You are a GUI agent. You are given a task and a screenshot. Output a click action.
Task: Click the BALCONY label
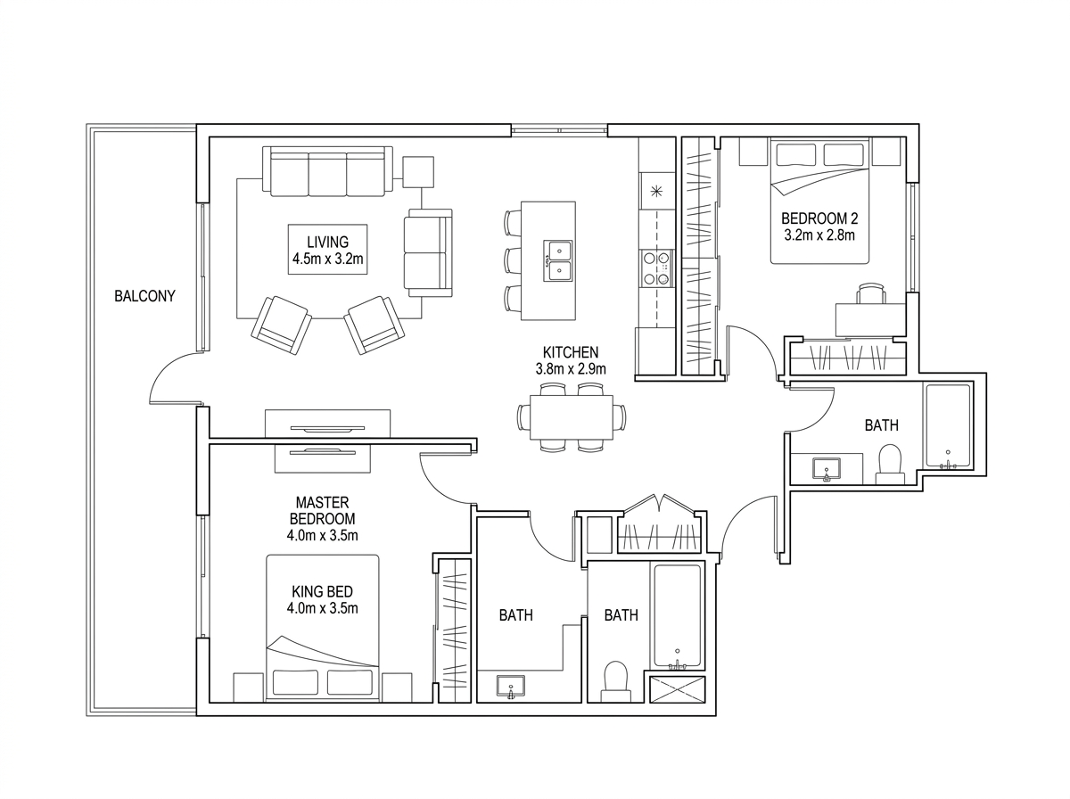click(x=144, y=296)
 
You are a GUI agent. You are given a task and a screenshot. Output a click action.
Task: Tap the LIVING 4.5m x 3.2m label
click(x=327, y=250)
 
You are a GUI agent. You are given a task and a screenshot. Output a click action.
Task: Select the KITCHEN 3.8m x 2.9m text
click(x=571, y=360)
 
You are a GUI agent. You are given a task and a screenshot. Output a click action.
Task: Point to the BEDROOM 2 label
click(x=819, y=218)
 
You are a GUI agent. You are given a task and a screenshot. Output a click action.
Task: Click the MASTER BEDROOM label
click(x=322, y=510)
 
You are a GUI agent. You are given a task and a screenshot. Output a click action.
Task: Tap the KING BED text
click(x=322, y=592)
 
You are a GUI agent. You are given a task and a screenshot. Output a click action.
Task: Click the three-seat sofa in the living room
click(x=327, y=171)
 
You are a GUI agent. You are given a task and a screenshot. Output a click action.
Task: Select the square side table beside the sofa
click(x=418, y=171)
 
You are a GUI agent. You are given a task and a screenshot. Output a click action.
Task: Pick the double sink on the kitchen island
click(x=559, y=260)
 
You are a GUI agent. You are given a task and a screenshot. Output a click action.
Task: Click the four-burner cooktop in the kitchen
click(x=656, y=268)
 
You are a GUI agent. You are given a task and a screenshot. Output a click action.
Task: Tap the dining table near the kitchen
click(x=572, y=417)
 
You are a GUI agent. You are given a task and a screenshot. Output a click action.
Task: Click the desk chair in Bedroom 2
click(x=871, y=293)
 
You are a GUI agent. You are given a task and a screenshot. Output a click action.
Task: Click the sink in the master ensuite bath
click(x=510, y=687)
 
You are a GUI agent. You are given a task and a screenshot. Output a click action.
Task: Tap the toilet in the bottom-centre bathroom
click(x=615, y=681)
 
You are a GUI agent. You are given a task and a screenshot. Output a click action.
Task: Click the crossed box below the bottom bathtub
click(x=678, y=689)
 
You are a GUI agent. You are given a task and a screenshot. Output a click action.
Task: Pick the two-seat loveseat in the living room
click(x=428, y=252)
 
